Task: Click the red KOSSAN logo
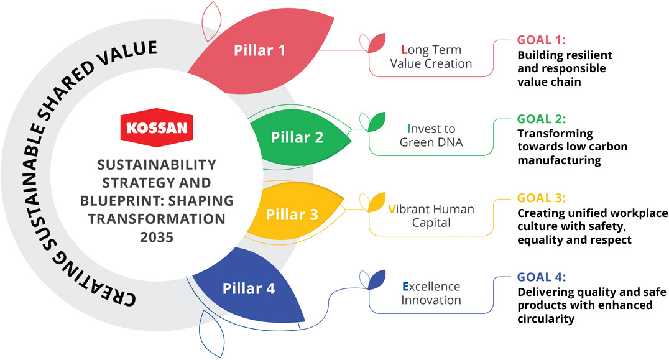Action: (157, 126)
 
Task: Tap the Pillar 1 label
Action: (259, 50)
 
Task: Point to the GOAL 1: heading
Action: (542, 40)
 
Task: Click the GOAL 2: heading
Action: (542, 119)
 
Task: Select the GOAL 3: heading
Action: (542, 198)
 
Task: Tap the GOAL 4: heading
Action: (542, 277)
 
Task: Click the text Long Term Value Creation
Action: (436, 57)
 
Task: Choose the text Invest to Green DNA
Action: (431, 136)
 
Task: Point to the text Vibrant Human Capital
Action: (431, 215)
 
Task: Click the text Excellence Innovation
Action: (431, 293)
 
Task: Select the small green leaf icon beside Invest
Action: (377, 122)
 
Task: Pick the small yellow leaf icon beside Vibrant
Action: (377, 201)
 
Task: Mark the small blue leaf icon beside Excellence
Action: (377, 280)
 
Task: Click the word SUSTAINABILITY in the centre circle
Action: (156, 165)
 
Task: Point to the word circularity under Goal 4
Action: (545, 320)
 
